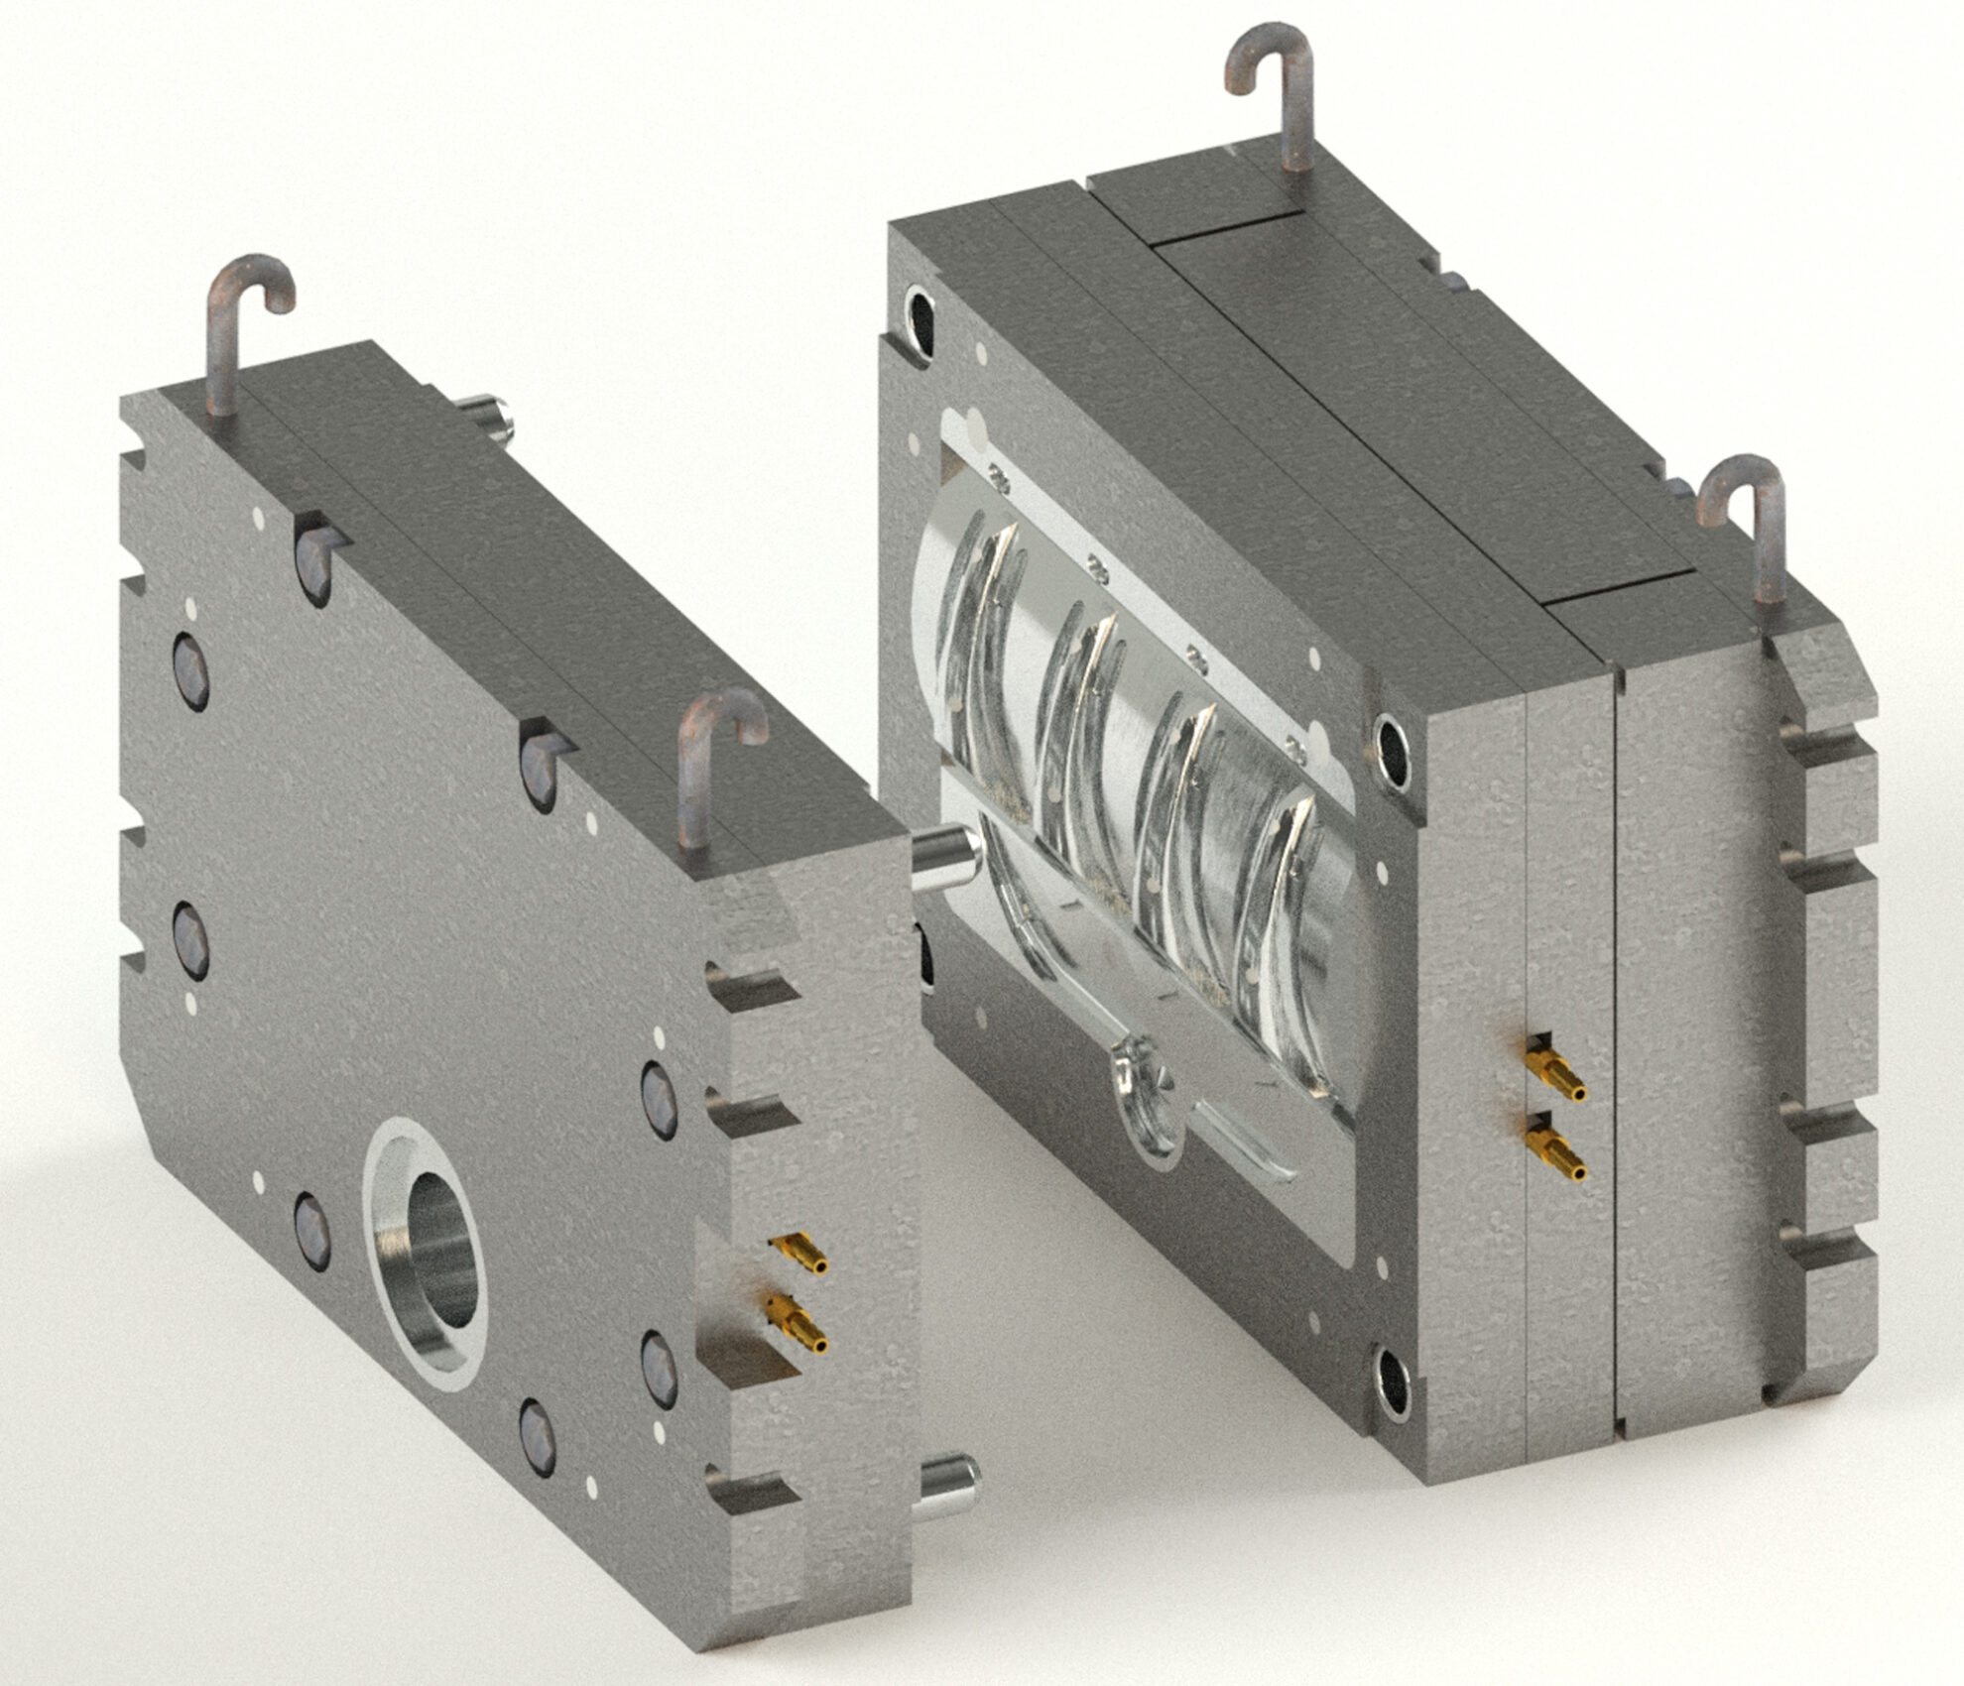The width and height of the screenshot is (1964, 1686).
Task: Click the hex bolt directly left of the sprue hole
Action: (x=313, y=1230)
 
